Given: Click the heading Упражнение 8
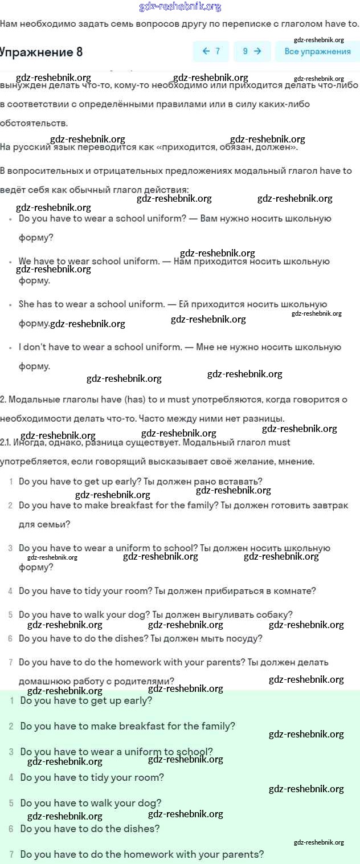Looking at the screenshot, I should point(41,52).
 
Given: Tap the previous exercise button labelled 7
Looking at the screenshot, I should point(211,51).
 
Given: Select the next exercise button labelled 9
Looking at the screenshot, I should point(252,51).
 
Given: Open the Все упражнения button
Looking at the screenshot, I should point(317,51).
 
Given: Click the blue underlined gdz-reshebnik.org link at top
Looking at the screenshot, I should point(180,7).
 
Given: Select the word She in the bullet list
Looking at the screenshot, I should point(27,304).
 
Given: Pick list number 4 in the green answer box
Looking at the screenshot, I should point(11,778).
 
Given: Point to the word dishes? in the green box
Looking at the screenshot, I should point(141,829).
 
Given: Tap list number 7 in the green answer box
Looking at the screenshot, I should point(11,855).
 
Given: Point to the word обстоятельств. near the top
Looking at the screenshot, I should point(34,123).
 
